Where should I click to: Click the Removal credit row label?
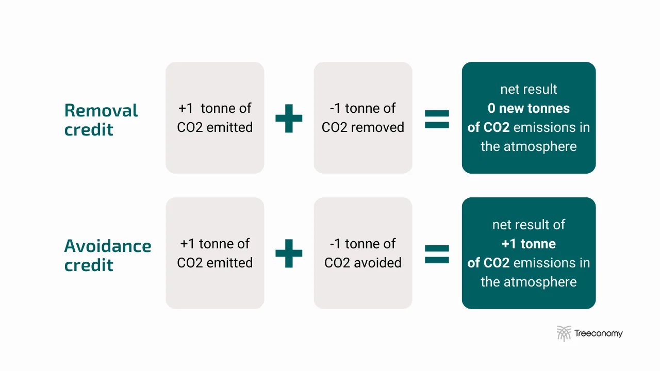pyautogui.click(x=101, y=120)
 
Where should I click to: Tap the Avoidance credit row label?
pyautogui.click(x=107, y=255)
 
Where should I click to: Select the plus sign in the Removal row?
pyautogui.click(x=289, y=117)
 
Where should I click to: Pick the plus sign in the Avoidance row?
pyautogui.click(x=289, y=253)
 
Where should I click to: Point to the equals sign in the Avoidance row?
pyautogui.click(x=437, y=254)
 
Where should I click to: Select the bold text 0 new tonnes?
pyautogui.click(x=529, y=108)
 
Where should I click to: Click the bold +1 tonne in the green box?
pyautogui.click(x=529, y=244)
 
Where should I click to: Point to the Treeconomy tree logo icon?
pyautogui.click(x=564, y=333)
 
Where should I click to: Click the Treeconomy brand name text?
pyautogui.click(x=599, y=333)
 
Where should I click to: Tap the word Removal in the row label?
pyautogui.click(x=101, y=110)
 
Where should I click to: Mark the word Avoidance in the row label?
pyautogui.click(x=107, y=246)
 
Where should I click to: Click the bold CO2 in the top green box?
pyautogui.click(x=496, y=127)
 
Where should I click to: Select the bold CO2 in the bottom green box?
pyautogui.click(x=496, y=263)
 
